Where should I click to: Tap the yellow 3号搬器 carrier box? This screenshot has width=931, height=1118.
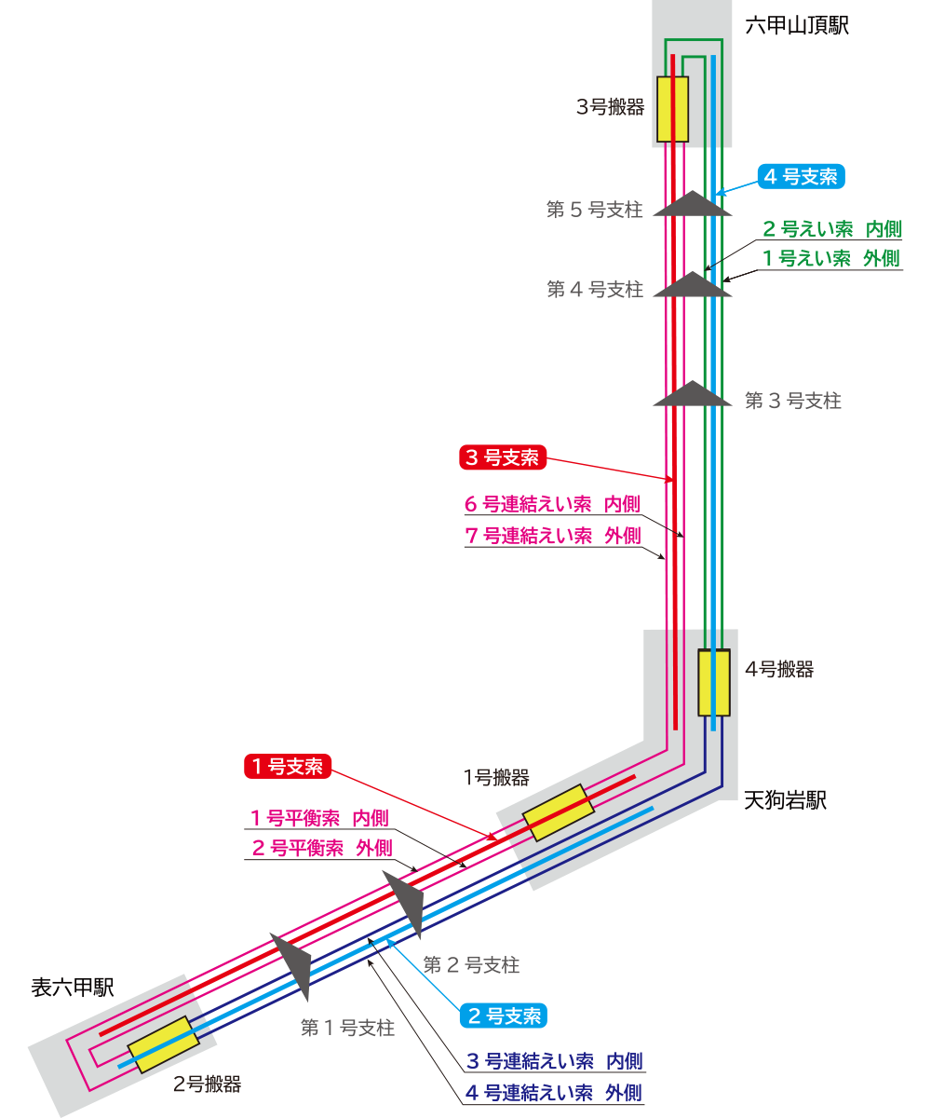pos(672,109)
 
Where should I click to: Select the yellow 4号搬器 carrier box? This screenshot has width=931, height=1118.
pos(714,682)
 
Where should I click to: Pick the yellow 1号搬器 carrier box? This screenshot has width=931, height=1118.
pos(559,812)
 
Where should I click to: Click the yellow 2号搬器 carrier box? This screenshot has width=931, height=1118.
pos(164,1044)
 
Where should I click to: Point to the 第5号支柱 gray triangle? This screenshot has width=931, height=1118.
pos(692,204)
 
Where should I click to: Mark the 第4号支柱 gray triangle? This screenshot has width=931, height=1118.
pos(692,285)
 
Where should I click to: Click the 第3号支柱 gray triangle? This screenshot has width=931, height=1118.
pos(692,394)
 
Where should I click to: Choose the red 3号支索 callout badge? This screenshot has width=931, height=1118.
pos(502,457)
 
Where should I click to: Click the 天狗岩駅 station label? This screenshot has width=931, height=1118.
pos(785,800)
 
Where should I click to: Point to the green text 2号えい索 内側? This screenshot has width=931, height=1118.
pos(831,229)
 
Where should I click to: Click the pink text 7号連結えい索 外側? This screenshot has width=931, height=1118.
pos(553,536)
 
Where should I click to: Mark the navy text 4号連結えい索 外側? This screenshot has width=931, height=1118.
pos(553,1093)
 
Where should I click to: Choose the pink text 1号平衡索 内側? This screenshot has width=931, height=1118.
pos(318,819)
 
